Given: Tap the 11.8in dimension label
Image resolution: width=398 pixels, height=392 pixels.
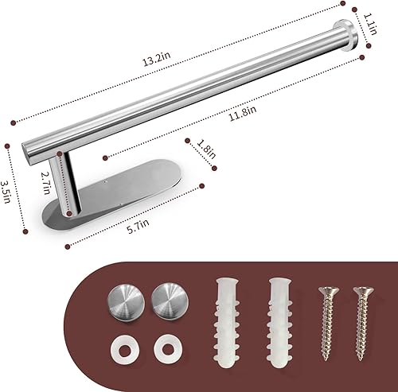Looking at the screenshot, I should pyautogui.click(x=242, y=114).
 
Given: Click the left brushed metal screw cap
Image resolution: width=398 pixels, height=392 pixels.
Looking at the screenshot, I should pyautogui.click(x=124, y=301).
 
